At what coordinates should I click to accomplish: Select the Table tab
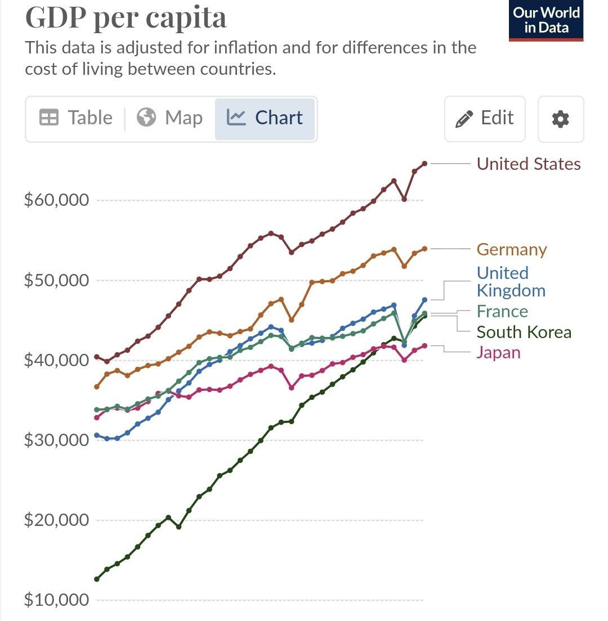pyautogui.click(x=76, y=118)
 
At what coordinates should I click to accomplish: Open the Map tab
pyautogui.click(x=169, y=118)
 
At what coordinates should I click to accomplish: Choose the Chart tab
pyautogui.click(x=265, y=118)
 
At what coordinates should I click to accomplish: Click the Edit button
pyautogui.click(x=485, y=118)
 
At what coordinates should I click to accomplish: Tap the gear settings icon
pyautogui.click(x=560, y=119)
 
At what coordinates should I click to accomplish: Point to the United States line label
pyautogui.click(x=528, y=164)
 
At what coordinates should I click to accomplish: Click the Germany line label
pyautogui.click(x=511, y=249)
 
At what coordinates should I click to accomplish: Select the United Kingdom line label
pyautogui.click(x=511, y=282)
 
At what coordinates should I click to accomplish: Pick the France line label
pyautogui.click(x=502, y=312)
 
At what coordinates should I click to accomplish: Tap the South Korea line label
pyautogui.click(x=524, y=332)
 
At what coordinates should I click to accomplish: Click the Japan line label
pyautogui.click(x=498, y=353)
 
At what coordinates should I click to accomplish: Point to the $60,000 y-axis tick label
pyautogui.click(x=56, y=200)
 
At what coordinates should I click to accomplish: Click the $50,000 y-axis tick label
pyautogui.click(x=56, y=280)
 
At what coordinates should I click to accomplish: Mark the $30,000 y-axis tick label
pyautogui.click(x=56, y=439)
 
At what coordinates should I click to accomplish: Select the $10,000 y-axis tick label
pyautogui.click(x=56, y=600)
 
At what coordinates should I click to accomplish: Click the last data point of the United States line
pyautogui.click(x=424, y=164)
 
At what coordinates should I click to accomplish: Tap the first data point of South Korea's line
pyautogui.click(x=97, y=579)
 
